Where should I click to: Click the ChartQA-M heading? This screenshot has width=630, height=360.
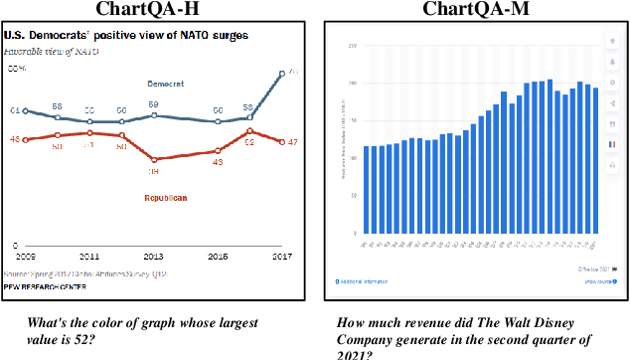click(x=476, y=10)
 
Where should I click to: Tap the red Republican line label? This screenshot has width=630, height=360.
click(x=166, y=197)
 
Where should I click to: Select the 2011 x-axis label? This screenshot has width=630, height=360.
click(x=89, y=256)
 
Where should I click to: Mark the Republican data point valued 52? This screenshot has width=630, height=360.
click(x=249, y=130)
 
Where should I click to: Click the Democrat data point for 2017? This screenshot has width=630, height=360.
click(x=281, y=73)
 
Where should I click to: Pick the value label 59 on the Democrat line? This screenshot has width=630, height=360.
click(x=154, y=104)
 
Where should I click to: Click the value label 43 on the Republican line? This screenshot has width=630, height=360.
click(x=217, y=162)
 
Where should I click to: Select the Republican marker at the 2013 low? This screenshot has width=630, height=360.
click(x=154, y=159)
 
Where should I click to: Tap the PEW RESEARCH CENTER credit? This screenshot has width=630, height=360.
click(x=46, y=287)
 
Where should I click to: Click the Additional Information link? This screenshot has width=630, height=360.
click(x=367, y=281)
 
